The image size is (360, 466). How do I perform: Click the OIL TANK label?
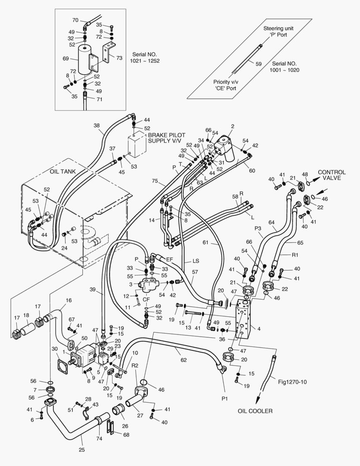point(63,171)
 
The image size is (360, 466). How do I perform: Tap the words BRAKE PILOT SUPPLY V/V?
point(166,138)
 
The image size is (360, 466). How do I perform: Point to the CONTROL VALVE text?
point(332,175)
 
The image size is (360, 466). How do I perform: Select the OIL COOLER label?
point(255,411)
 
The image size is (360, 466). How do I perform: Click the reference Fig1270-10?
point(292,382)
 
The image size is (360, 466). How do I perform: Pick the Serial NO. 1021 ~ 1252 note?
point(145,58)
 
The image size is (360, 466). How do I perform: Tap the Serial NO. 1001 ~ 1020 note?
point(284,67)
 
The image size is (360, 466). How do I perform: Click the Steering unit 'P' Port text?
point(279,31)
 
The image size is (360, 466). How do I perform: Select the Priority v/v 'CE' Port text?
point(226,85)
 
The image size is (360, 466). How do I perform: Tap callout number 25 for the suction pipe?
point(81,450)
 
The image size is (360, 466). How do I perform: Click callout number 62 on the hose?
point(184,360)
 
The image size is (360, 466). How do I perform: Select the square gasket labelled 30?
point(63,364)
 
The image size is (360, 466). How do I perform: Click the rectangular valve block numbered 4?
point(243,319)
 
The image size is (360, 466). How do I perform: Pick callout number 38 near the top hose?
point(97,126)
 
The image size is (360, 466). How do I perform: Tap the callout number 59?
point(258,63)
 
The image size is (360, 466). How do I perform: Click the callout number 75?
point(154,181)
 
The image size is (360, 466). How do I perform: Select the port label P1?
point(225,399)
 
